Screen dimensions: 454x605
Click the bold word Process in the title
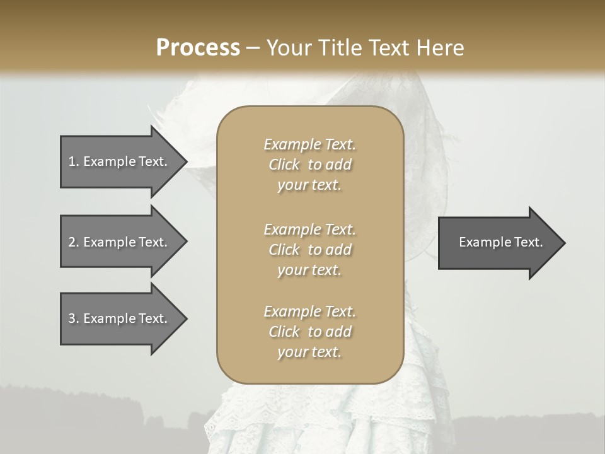tap(198, 48)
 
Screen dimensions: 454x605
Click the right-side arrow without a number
tap(498, 243)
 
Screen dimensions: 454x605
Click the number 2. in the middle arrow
tap(74, 242)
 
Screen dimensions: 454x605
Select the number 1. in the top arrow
tap(74, 161)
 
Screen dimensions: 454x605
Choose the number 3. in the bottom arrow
tap(74, 318)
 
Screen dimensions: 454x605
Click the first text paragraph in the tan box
tap(309, 165)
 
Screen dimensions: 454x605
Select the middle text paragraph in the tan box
tap(309, 250)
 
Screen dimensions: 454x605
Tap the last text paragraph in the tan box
tap(309, 332)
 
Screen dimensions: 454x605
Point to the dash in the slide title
tap(253, 49)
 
